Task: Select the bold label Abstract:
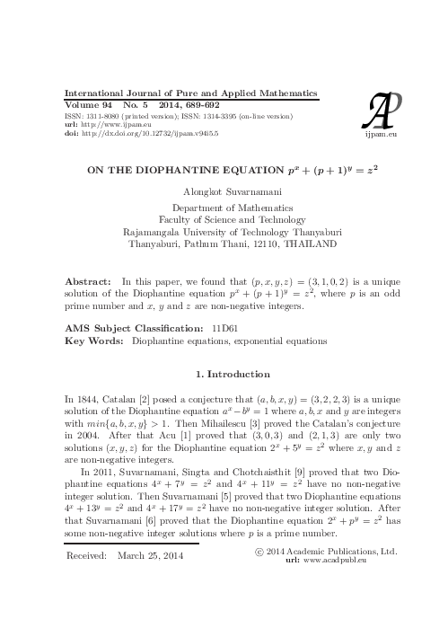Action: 88,280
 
